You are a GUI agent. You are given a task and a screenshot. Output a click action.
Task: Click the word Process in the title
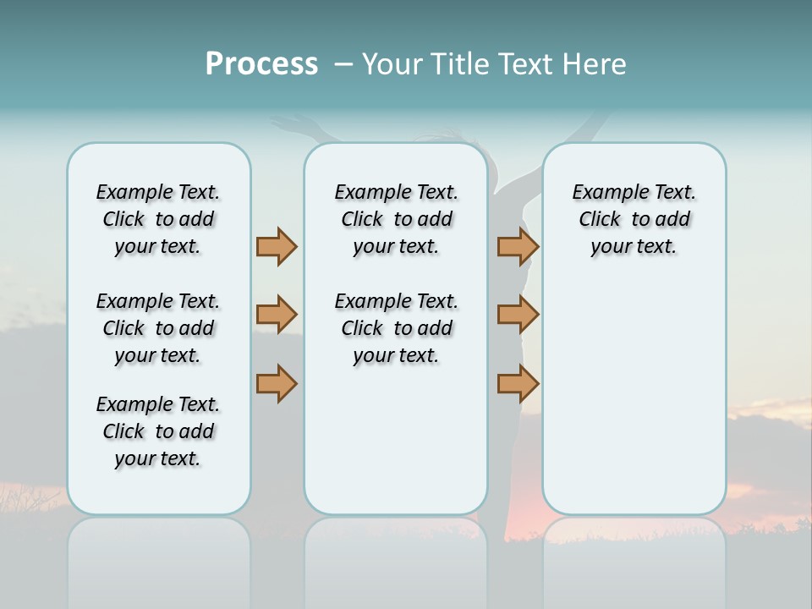(261, 64)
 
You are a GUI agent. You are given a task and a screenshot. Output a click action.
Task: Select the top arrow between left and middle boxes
(277, 246)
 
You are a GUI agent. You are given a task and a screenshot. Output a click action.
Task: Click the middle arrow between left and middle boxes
(277, 315)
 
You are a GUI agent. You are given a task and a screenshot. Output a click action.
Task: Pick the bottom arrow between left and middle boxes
(277, 383)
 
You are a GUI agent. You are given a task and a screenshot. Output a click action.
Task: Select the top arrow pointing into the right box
(518, 246)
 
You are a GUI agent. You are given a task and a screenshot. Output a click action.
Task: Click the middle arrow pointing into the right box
(518, 315)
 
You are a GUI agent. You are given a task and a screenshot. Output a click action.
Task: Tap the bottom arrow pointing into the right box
(518, 383)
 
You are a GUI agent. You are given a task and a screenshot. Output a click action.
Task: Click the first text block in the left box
(158, 219)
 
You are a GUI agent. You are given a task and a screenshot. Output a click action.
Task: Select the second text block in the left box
(158, 328)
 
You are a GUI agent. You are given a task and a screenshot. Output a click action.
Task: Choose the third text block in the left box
(158, 431)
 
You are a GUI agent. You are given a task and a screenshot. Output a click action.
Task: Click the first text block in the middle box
(396, 219)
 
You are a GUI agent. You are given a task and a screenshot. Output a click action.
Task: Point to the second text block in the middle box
(396, 328)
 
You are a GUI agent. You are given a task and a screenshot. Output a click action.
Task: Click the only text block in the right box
(634, 219)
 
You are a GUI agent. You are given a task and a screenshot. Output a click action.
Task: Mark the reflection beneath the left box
(159, 558)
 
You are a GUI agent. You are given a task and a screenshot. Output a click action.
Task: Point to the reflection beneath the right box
(634, 558)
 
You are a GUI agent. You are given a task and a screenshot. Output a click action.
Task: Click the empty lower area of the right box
(634, 398)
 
